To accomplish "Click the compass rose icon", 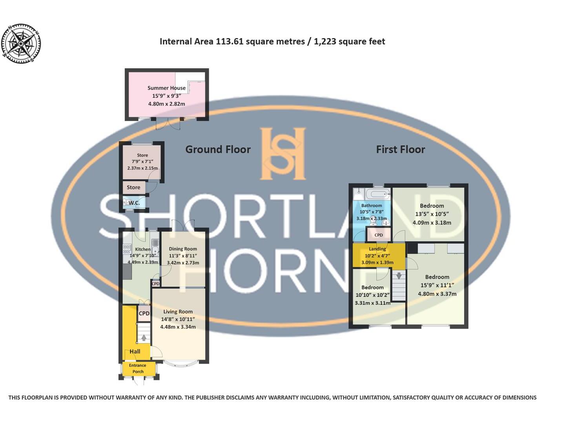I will (21, 43).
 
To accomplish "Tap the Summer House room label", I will (166, 88).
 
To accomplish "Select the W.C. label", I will (134, 203).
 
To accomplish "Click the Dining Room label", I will (183, 249).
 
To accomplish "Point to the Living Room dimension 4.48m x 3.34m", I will (178, 327).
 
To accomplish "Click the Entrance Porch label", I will (138, 368).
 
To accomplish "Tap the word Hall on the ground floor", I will (135, 351).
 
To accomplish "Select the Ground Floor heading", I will (218, 150).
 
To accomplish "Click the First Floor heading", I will (400, 150).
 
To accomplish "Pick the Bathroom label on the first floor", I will (371, 206).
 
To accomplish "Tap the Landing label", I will (377, 249).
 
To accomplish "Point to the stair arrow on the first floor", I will (399, 276).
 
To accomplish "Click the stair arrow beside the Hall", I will (144, 337).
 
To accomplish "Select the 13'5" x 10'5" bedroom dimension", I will (432, 214).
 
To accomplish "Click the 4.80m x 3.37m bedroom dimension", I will (437, 294).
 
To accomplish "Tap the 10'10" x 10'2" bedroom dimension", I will (372, 295).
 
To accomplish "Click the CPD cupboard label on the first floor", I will (379, 235).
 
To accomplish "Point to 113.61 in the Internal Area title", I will (230, 42).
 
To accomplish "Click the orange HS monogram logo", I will (283, 153).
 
